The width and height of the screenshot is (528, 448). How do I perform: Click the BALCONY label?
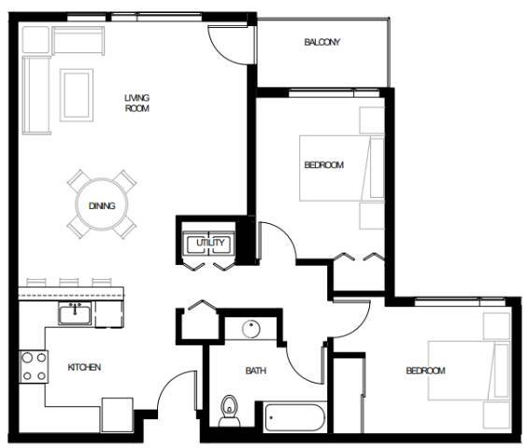321,43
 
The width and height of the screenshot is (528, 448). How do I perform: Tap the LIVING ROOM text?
137,103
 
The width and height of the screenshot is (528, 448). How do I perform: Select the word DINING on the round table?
102,206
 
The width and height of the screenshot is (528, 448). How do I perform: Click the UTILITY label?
207,244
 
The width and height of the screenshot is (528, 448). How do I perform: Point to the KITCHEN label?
84,368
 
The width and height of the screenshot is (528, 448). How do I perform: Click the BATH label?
255,371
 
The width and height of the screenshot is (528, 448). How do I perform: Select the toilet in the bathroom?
229,409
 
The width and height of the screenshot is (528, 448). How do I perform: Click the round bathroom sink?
250,329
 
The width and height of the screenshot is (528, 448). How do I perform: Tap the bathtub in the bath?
293,416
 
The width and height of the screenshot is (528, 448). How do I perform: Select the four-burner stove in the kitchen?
35,365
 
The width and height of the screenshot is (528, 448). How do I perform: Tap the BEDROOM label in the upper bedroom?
323,165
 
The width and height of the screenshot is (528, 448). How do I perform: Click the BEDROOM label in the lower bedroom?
425,371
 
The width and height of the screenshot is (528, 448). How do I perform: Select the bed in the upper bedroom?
342,168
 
